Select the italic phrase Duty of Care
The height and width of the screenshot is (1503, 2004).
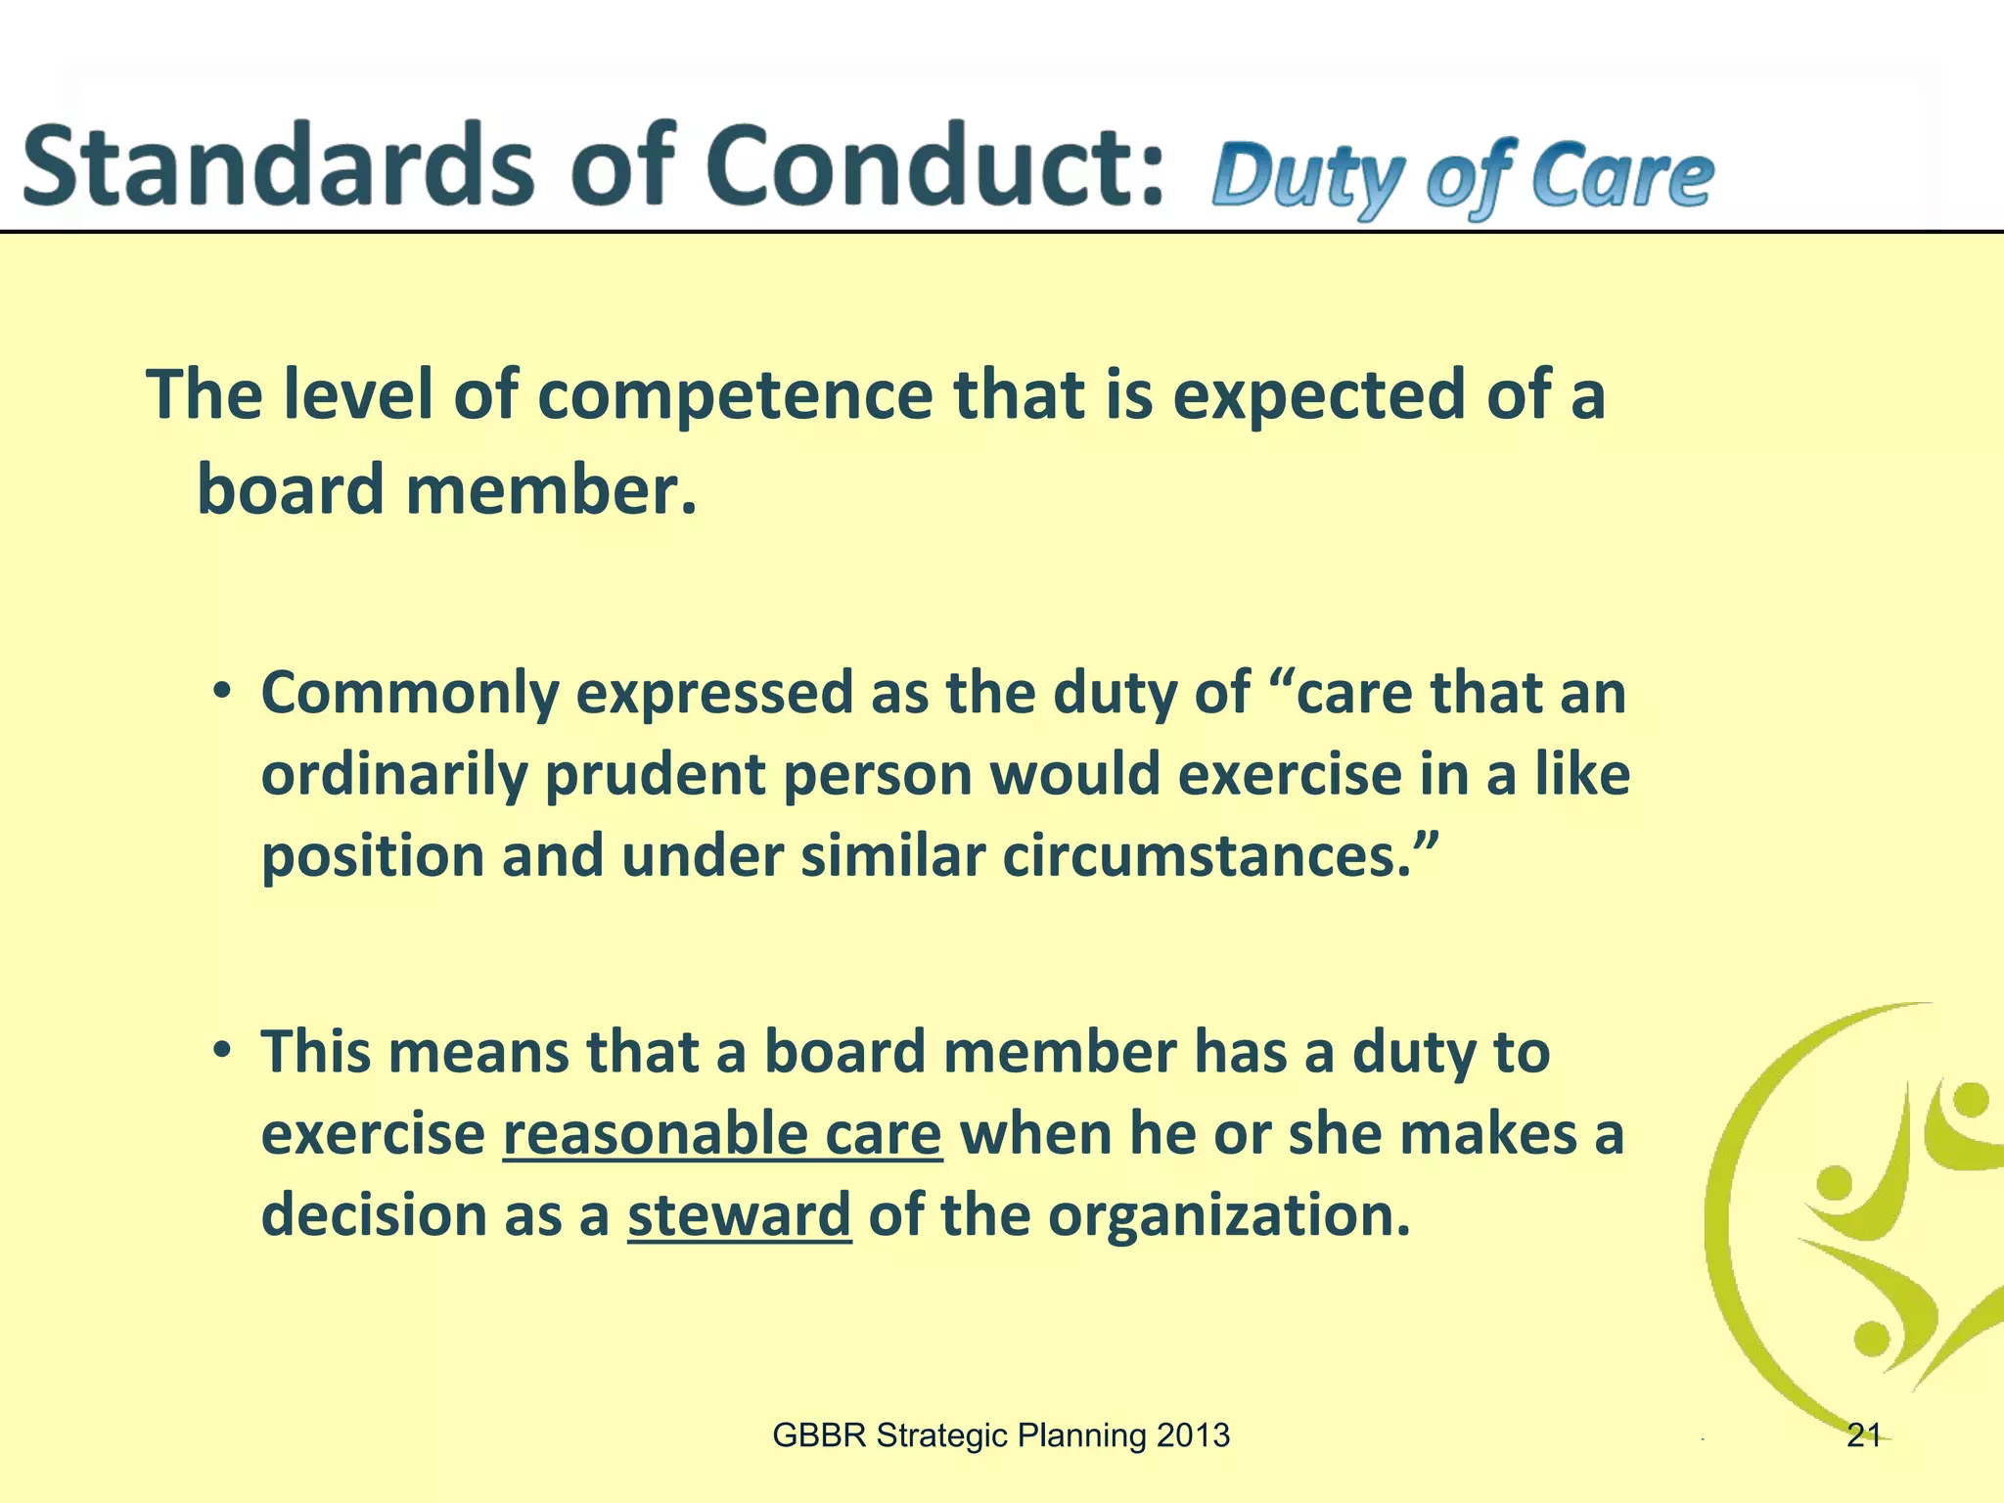1462,176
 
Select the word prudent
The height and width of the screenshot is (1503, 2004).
655,775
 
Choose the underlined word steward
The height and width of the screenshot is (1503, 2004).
739,1215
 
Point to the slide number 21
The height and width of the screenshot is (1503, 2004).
1863,1435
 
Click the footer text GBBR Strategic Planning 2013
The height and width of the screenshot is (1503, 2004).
1000,1435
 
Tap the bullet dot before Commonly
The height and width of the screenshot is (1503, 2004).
223,692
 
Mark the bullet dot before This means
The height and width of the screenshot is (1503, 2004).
223,1051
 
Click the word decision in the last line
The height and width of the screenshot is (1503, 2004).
373,1215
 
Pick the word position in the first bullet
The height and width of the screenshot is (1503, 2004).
373,857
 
